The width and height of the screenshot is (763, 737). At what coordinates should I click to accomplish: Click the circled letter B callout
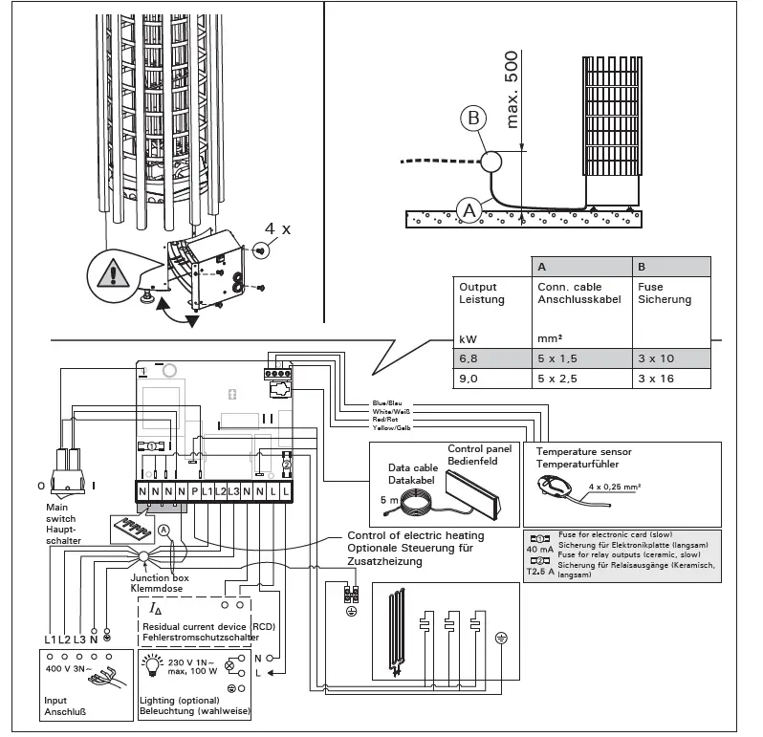471,119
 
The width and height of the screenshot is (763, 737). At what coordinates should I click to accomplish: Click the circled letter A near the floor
469,207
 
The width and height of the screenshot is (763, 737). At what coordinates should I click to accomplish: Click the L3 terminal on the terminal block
233,490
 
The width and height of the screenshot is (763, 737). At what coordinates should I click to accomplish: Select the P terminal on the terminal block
194,490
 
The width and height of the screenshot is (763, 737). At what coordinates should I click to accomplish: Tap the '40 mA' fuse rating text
538,551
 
